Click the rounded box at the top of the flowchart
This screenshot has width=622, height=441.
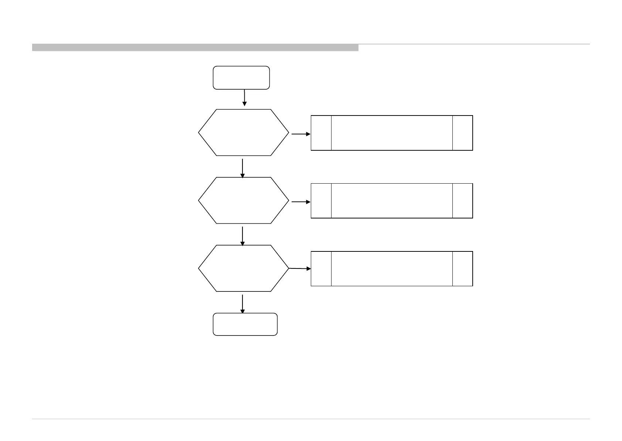tap(241, 78)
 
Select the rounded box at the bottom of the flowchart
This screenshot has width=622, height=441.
tap(245, 324)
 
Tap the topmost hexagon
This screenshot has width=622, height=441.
tap(244, 133)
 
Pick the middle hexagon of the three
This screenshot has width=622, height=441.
tap(244, 200)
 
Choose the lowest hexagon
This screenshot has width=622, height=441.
tap(244, 268)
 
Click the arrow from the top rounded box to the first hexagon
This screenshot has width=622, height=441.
tap(244, 98)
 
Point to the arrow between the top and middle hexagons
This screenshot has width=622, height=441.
tap(242, 168)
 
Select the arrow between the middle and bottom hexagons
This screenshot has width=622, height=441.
tap(242, 236)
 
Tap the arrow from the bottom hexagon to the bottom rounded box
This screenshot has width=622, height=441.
tap(242, 304)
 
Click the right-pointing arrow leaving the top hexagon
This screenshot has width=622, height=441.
tap(301, 134)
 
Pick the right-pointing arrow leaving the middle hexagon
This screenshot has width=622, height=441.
tap(301, 202)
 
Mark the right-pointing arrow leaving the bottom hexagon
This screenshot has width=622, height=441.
tap(300, 268)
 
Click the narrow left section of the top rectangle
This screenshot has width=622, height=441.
tap(321, 133)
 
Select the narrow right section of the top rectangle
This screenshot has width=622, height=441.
tap(462, 133)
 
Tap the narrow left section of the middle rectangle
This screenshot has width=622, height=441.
tap(321, 201)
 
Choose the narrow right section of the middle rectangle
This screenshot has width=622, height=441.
tap(462, 201)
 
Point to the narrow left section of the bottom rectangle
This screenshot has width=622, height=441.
tap(321, 269)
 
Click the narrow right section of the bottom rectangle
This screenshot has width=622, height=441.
tap(462, 269)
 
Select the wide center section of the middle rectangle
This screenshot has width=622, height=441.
tap(392, 201)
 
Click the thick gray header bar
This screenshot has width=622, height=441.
tap(195, 47)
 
